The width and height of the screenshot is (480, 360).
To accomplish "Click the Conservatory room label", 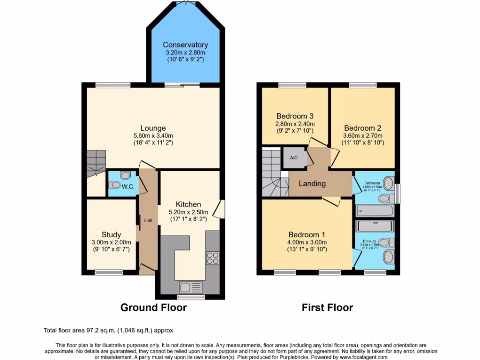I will point(186,45).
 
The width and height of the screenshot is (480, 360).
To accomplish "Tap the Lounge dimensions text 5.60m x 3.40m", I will point(153,136).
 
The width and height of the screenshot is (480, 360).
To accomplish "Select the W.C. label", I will point(128,187).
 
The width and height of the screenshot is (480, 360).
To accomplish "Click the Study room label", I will point(111,235).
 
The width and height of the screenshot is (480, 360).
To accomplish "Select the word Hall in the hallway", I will point(148,220).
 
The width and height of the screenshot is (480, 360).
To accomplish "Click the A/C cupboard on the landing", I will point(294,157).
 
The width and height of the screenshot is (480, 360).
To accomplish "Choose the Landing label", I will point(312,183).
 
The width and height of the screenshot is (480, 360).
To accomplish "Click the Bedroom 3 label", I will point(294,116).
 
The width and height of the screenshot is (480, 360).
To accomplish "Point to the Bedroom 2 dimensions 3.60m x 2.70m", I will point(362,135).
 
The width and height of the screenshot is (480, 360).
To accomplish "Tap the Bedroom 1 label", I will point(307,234).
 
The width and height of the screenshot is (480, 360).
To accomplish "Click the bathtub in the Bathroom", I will point(374,211).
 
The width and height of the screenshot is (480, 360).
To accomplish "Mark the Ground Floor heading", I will point(153,307).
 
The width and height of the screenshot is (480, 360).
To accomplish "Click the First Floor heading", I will point(327,307).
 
